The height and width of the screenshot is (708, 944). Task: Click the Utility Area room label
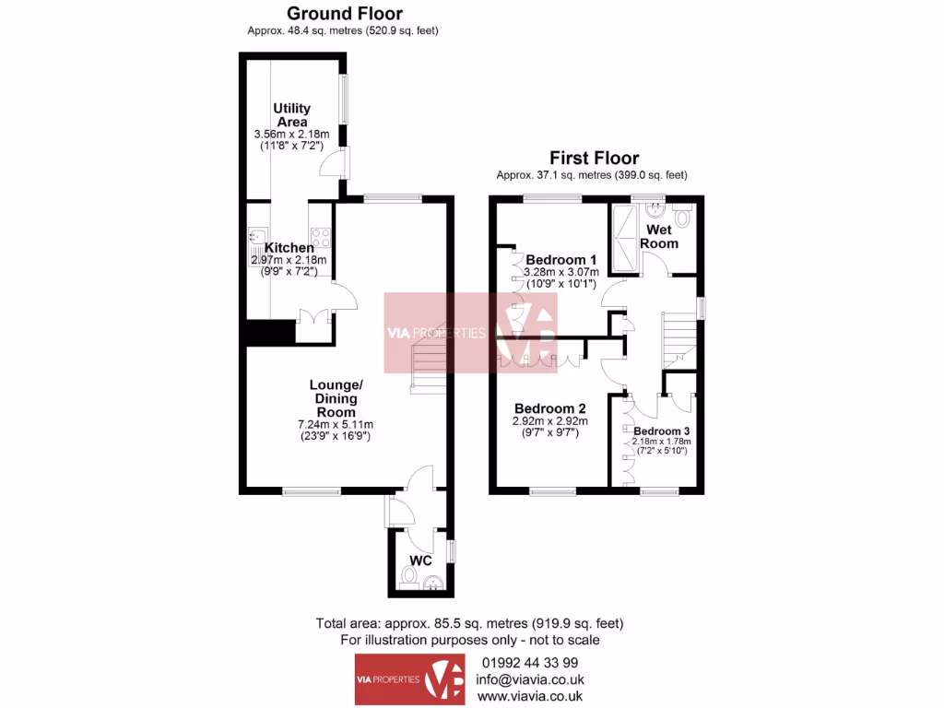291,115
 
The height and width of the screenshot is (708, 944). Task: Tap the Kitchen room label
289,248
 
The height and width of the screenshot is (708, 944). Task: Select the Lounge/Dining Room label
333,398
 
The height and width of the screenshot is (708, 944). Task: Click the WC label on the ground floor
420,560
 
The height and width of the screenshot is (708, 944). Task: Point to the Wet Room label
662,236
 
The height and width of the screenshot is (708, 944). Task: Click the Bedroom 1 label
561,259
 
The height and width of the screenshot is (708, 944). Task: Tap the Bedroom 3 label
661,431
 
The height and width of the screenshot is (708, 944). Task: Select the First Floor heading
594,158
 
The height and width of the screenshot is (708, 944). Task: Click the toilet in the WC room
410,577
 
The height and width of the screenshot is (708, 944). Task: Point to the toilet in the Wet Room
682,218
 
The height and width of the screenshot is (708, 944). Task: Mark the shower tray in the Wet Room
627,237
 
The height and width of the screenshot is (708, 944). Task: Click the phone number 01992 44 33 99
529,663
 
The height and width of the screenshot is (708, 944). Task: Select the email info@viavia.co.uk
529,680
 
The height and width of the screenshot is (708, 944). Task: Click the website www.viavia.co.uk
529,698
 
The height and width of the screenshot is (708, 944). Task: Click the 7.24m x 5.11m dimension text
333,424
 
